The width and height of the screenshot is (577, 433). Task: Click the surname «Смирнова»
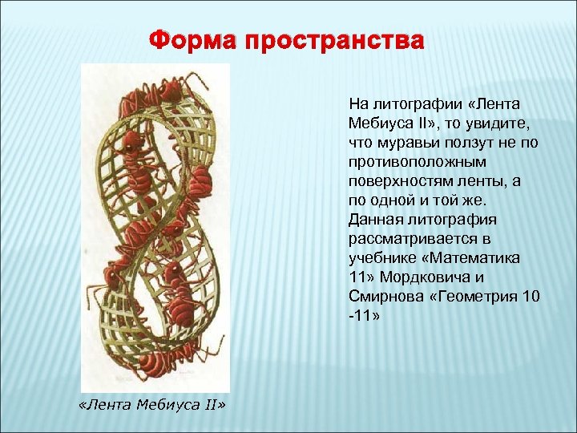pos(381,297)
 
